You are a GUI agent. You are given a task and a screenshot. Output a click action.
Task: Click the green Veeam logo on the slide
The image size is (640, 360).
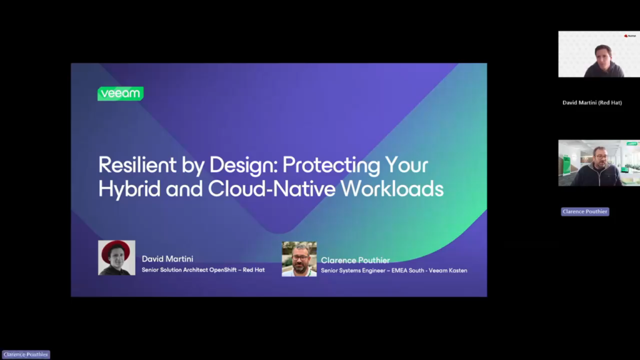121,94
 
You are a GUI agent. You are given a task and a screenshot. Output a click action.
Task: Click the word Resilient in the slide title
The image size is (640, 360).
137,165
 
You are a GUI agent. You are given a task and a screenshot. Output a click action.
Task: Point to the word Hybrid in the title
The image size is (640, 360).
129,189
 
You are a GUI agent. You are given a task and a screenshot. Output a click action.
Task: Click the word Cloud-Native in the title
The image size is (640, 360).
272,189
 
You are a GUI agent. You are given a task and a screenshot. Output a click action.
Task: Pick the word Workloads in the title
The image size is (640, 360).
392,189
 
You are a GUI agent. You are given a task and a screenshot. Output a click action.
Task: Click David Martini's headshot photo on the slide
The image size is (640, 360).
117,257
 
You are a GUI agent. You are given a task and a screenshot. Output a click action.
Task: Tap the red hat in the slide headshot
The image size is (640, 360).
116,249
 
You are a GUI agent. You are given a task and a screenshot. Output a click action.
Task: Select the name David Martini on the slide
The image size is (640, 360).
167,259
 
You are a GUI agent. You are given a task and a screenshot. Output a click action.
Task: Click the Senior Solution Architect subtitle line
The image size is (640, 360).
203,270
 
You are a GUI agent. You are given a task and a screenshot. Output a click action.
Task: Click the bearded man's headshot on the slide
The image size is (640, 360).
299,259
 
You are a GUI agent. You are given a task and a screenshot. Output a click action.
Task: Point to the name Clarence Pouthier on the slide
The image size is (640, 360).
355,261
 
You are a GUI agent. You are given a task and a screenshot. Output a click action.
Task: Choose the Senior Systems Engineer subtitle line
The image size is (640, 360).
394,270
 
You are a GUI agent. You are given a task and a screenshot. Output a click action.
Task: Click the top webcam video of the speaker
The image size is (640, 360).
599,54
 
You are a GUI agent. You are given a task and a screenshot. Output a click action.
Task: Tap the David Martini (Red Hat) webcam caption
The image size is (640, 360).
592,103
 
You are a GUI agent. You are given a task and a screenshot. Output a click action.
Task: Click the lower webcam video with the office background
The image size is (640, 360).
599,163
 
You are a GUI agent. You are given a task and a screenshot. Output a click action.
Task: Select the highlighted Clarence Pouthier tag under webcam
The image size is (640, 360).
585,211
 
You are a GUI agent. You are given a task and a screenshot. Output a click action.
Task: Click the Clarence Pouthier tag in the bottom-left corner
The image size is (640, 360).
26,355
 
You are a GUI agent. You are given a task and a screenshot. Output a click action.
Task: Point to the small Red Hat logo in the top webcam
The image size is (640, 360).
630,36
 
